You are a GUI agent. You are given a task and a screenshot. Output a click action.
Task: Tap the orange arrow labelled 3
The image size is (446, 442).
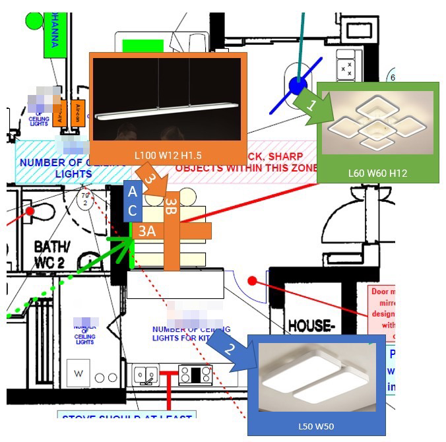(x=152, y=183)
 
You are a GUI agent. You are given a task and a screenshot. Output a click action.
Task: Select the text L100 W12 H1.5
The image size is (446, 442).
(x=168, y=154)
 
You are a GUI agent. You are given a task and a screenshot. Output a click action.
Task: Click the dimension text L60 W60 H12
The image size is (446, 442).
(x=377, y=173)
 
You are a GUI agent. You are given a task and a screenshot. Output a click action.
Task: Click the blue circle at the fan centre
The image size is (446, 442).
(x=298, y=84)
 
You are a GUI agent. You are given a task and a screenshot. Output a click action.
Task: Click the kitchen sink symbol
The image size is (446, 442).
(x=145, y=375)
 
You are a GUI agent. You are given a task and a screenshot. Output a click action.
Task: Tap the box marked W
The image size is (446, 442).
(x=80, y=373)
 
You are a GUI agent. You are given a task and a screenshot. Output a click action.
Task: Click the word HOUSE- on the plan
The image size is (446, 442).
(x=313, y=325)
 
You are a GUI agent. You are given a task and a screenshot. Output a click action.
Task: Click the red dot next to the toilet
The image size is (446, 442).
(x=30, y=211)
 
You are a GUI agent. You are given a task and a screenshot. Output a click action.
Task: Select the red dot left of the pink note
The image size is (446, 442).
(x=252, y=281)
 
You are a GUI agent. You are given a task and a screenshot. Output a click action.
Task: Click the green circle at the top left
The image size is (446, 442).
(x=33, y=19)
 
